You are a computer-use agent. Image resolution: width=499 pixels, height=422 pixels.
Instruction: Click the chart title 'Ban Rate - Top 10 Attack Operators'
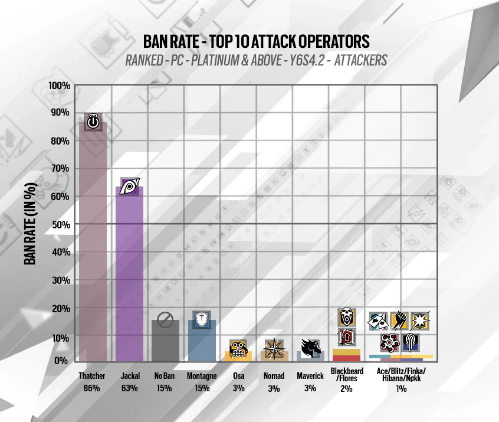tap(257, 41)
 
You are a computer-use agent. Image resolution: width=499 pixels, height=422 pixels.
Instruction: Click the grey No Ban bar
tap(165, 342)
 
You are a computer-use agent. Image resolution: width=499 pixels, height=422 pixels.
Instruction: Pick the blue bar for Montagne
tap(202, 342)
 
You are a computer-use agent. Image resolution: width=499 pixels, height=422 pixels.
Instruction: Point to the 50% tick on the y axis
tap(60, 225)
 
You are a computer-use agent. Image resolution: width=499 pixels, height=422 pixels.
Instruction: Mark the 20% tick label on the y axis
tap(60, 309)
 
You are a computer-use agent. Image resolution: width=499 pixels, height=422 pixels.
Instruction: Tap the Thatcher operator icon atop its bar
tap(93, 122)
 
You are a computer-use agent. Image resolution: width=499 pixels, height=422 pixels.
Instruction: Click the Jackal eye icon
tap(129, 187)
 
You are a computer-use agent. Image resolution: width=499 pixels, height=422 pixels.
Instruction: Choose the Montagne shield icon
tap(202, 319)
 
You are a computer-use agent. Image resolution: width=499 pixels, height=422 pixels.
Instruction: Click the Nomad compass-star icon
tap(274, 348)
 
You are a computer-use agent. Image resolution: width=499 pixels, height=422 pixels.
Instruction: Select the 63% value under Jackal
tap(129, 388)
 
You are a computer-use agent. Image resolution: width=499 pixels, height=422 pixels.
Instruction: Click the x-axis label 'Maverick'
tap(310, 376)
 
